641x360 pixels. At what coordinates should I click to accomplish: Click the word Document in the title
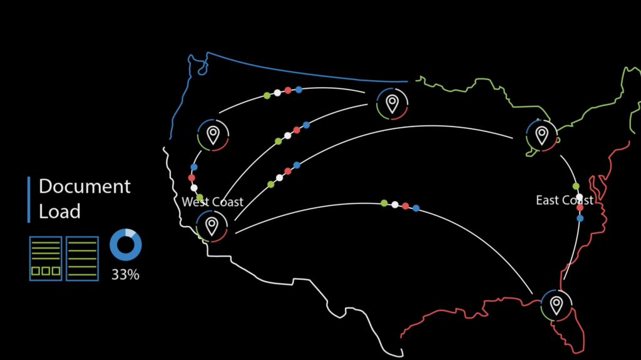(85, 187)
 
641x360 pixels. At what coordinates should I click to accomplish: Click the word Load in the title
(59, 212)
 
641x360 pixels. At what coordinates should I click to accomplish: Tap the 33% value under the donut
(125, 274)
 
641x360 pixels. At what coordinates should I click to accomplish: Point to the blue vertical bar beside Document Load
(29, 200)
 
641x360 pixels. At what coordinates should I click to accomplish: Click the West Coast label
(212, 202)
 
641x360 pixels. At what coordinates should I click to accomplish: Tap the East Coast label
(565, 200)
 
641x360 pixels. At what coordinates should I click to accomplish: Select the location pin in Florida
(556, 306)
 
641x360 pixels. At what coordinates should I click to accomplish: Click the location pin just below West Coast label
(212, 226)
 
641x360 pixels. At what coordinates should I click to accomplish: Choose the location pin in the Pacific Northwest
(213, 135)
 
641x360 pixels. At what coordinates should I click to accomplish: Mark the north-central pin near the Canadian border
(392, 103)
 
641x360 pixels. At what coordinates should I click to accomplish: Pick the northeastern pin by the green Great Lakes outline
(542, 135)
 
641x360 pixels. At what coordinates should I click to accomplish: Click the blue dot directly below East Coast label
(580, 219)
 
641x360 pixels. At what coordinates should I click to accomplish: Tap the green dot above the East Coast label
(576, 187)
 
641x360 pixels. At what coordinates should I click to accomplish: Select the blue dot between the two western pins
(194, 167)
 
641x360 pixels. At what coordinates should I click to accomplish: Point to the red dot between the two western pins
(192, 178)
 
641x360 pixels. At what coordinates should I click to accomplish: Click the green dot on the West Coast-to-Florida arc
(384, 203)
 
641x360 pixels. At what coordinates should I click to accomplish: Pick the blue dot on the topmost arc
(299, 89)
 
